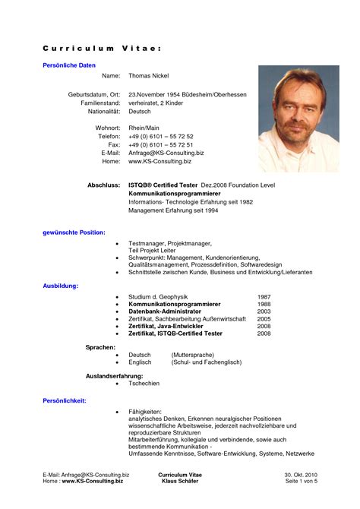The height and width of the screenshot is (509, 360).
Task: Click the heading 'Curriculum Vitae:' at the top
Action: coord(101,48)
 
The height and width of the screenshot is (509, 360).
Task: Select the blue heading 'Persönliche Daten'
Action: coord(68,65)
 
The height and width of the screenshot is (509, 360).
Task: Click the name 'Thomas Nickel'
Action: coord(148,76)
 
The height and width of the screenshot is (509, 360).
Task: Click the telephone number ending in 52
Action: coord(160,136)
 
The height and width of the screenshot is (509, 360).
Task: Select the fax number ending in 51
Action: coord(160,144)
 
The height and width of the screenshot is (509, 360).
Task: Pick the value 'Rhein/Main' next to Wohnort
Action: coord(144,128)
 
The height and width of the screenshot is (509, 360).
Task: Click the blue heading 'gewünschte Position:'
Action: coord(74,232)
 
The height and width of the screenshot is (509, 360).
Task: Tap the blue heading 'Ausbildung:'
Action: coord(60,286)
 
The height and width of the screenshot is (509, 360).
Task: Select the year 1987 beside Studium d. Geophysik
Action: coord(264,296)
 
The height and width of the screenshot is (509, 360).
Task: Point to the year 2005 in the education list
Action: coord(264,319)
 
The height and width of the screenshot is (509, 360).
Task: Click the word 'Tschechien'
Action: coord(144,384)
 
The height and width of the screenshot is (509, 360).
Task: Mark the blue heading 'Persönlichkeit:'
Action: coord(65,400)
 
